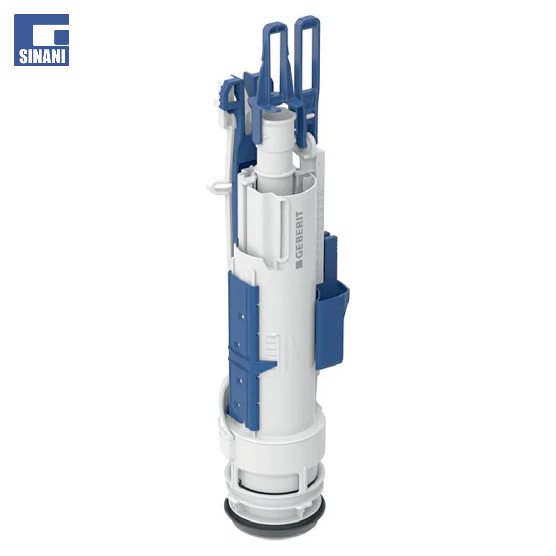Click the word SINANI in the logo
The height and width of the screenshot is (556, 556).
(x=42, y=57)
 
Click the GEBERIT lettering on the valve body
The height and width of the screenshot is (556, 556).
(x=299, y=235)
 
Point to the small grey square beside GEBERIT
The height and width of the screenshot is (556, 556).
(x=299, y=264)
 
